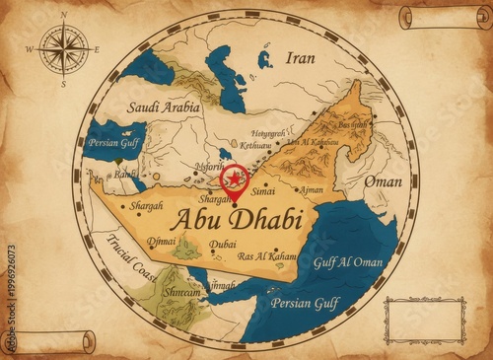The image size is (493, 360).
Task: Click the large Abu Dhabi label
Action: click(235, 218)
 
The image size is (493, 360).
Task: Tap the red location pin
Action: click(235, 180)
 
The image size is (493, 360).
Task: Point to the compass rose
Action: click(64, 49)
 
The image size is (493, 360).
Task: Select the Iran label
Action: click(300, 58)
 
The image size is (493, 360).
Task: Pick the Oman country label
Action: click(383, 181)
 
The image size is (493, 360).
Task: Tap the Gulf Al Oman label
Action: click(347, 261)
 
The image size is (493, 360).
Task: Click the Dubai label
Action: click(223, 244)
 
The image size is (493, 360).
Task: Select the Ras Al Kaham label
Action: click(267, 255)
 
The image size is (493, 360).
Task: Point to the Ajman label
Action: click(311, 188)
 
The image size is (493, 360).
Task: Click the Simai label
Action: click(264, 190)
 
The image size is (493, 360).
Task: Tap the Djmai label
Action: click(161, 242)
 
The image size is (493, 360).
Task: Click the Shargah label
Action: click(146, 206)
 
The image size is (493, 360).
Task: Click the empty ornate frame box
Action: click(424, 320)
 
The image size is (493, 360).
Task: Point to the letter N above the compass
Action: click(64, 15)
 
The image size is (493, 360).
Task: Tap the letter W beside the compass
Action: click(29, 48)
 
